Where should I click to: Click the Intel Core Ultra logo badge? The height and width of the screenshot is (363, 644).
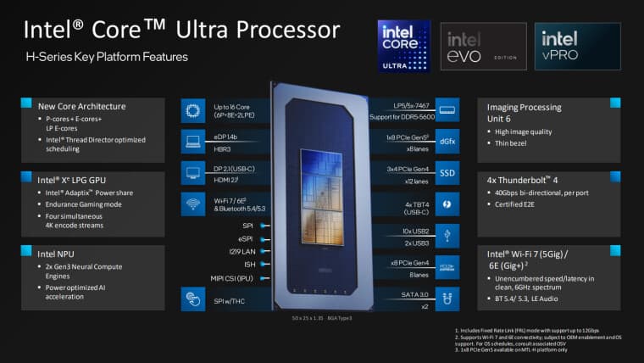(x=403, y=46)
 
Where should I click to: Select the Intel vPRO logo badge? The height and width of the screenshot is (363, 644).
(x=577, y=46)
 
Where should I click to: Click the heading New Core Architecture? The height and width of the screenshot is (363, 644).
(x=81, y=106)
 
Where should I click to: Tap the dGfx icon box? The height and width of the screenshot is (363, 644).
(x=447, y=141)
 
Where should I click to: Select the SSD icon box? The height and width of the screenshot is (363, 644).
(x=447, y=172)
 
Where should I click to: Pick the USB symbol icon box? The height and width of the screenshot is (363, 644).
(x=447, y=235)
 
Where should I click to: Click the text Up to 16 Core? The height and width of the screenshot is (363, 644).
(x=232, y=104)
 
